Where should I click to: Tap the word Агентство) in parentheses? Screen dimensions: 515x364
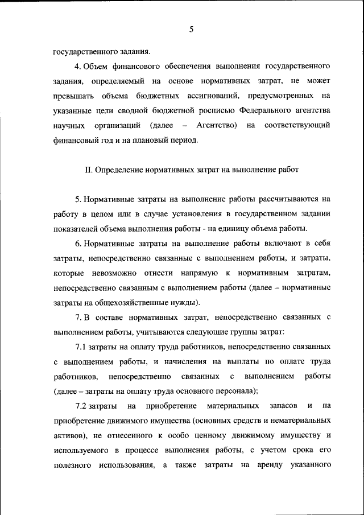point(216,125)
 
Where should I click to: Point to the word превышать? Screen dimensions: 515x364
point(71,95)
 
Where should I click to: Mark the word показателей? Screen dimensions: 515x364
point(77,229)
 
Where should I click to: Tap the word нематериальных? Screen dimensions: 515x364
point(301,421)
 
